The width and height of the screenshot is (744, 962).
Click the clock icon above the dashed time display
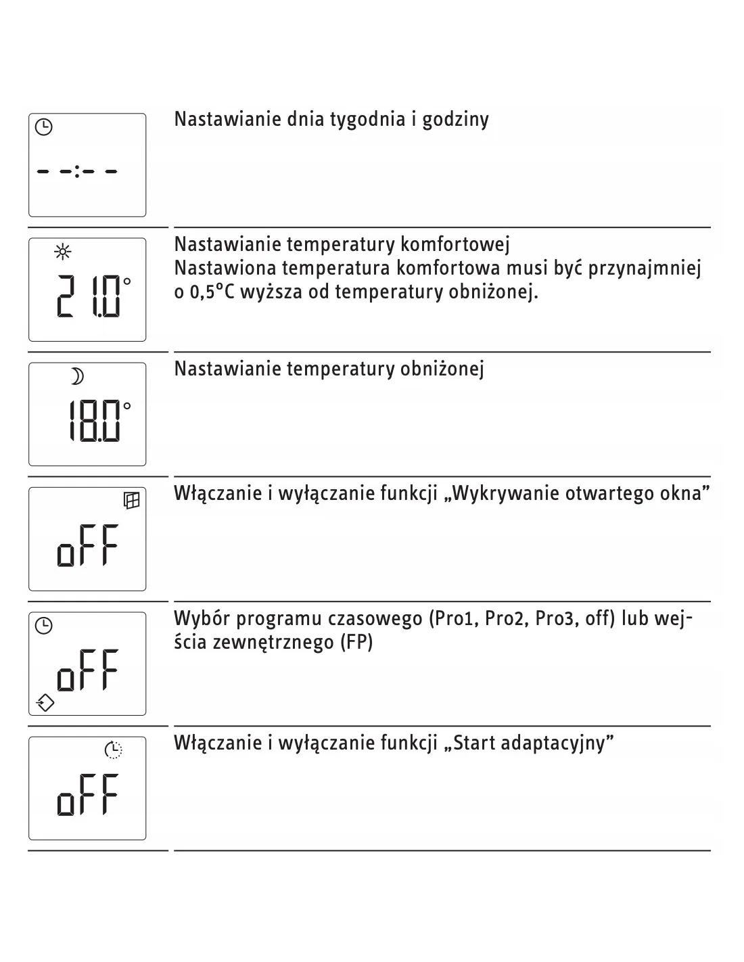pyautogui.click(x=43, y=127)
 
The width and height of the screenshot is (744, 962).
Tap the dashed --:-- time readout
pyautogui.click(x=77, y=172)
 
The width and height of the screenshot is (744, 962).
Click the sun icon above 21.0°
pyautogui.click(x=63, y=253)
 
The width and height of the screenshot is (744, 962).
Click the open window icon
pyautogui.click(x=131, y=501)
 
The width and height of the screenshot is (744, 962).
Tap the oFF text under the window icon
pyautogui.click(x=88, y=545)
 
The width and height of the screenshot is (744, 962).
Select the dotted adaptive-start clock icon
pyautogui.click(x=114, y=750)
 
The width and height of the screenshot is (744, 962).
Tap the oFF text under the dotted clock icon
pyautogui.click(x=88, y=795)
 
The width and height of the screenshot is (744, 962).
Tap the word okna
pyautogui.click(x=684, y=493)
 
